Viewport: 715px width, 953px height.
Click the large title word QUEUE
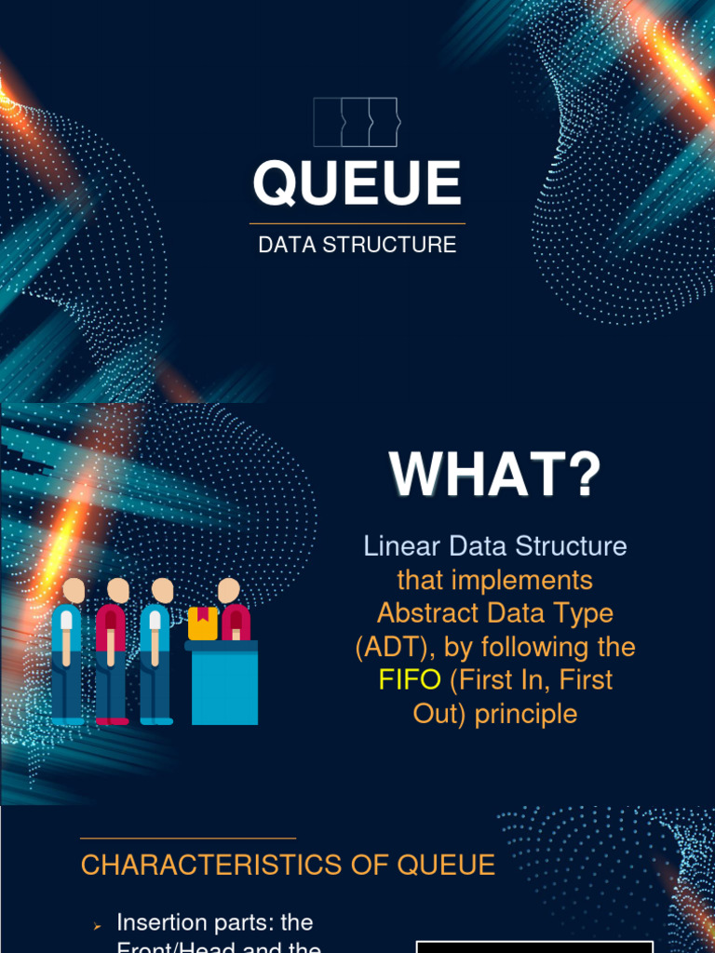pos(357,183)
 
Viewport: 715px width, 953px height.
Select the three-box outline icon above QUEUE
pos(356,122)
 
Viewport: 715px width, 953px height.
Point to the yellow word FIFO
pos(410,680)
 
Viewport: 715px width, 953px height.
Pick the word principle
pos(526,714)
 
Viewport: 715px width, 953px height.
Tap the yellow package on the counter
pos(202,624)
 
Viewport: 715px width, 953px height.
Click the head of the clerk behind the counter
pos(228,590)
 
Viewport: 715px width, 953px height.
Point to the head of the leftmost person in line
pos(74,590)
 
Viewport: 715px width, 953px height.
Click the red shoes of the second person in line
pos(113,720)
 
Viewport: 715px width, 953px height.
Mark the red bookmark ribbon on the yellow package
pos(202,613)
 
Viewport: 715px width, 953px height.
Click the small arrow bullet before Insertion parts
pos(96,926)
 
